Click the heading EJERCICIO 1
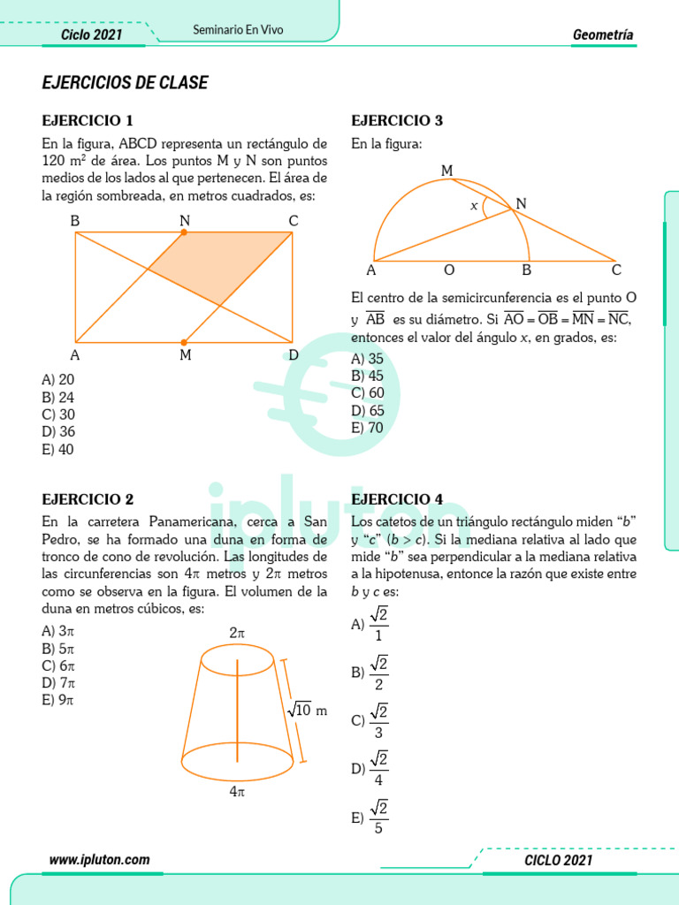click(x=88, y=121)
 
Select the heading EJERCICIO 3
click(x=397, y=121)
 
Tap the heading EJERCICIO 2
click(x=88, y=499)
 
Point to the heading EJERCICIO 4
click(x=397, y=499)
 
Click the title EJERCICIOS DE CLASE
click(x=125, y=83)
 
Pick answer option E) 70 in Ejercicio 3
click(x=367, y=428)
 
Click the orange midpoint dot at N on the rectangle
click(x=184, y=232)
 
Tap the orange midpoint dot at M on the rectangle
click(x=184, y=342)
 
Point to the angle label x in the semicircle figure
click(x=474, y=205)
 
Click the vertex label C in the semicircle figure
click(x=616, y=270)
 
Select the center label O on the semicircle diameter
click(x=449, y=270)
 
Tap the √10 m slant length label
click(x=306, y=710)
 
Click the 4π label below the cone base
click(x=237, y=792)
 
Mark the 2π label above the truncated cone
click(x=237, y=633)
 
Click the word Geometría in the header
click(x=603, y=35)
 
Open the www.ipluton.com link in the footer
click(x=99, y=860)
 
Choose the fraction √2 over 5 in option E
click(x=379, y=817)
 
